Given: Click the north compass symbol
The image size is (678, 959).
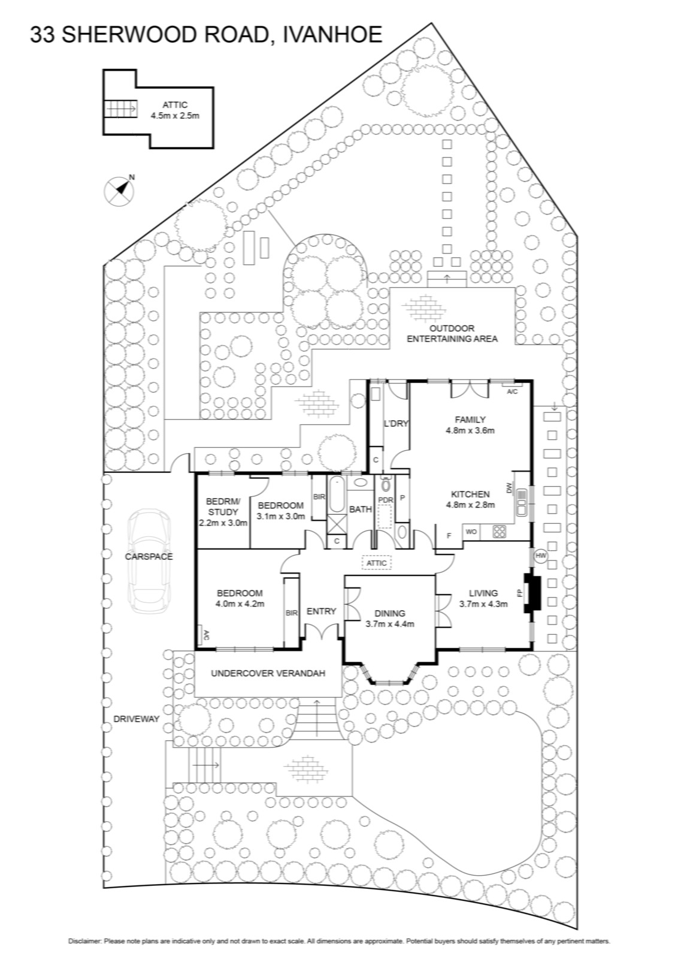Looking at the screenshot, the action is (119, 191).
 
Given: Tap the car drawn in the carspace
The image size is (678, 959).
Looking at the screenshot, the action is (149, 562).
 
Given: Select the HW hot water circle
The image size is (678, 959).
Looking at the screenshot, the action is (541, 556).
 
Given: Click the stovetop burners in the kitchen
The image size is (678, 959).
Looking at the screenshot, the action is (499, 532).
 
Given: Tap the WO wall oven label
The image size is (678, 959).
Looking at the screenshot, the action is (471, 532).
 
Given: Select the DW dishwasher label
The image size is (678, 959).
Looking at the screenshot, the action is (509, 488).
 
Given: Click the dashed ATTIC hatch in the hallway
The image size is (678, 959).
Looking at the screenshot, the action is (376, 563).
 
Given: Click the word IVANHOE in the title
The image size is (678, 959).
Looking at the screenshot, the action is (332, 35).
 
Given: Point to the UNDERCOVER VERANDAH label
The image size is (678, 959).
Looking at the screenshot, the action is (268, 673).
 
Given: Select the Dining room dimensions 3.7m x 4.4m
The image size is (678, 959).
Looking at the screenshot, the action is (390, 624).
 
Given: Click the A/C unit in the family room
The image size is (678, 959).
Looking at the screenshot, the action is (512, 391).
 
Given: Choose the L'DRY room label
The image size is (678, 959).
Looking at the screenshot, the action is (396, 424).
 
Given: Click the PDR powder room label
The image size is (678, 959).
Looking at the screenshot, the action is (385, 500).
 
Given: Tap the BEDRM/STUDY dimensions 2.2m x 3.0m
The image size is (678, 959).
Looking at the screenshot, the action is (223, 523).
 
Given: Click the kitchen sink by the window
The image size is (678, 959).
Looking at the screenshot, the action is (522, 502).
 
